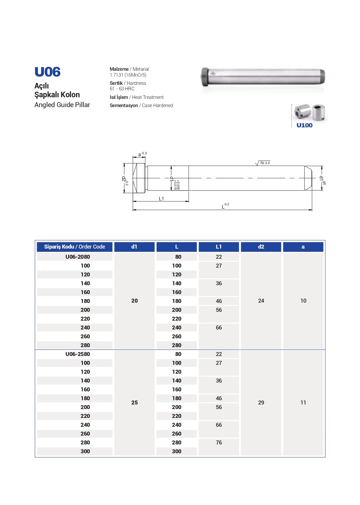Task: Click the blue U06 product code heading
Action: pos(47,72)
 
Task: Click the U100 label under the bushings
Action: pos(304,125)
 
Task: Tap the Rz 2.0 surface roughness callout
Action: pos(265,163)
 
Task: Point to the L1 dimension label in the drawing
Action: pos(161,199)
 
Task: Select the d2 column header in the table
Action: pos(261,247)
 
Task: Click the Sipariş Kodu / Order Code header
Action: pos(74,247)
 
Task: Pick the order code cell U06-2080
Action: pos(78,257)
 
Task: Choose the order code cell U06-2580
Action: pos(78,354)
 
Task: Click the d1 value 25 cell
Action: pos(134,402)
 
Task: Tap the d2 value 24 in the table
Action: pos(261,301)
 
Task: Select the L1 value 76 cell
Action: pos(219,442)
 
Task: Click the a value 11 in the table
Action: pos(303,402)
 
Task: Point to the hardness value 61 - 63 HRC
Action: pos(122,89)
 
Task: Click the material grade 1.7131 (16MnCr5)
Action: pos(128,75)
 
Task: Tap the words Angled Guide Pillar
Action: pos(62,105)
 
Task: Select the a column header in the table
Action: pos(303,247)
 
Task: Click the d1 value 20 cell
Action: pos(134,301)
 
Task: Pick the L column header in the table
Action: pos(177,247)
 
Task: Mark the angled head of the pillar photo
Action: pos(205,77)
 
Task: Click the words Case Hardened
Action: pos(157,105)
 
